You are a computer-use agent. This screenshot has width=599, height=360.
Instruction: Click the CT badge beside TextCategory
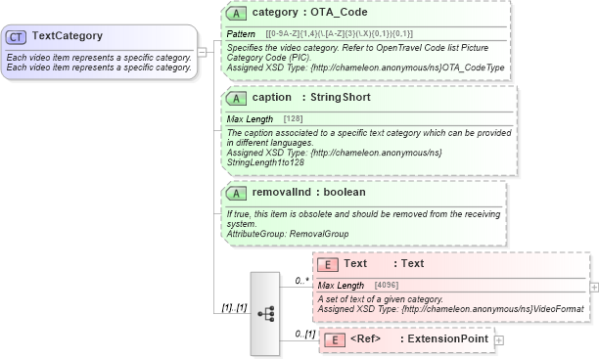tap(17, 36)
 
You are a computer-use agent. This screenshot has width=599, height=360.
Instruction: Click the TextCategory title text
tap(68, 36)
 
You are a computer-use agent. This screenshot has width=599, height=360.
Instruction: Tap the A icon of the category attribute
tap(236, 14)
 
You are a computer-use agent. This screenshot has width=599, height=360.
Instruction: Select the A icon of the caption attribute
tap(236, 98)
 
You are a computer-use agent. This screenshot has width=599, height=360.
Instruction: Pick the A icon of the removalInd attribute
tap(236, 193)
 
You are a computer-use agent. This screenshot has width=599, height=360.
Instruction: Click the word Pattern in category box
tap(241, 34)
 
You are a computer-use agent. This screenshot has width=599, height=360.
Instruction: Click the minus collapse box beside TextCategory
tap(202, 52)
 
